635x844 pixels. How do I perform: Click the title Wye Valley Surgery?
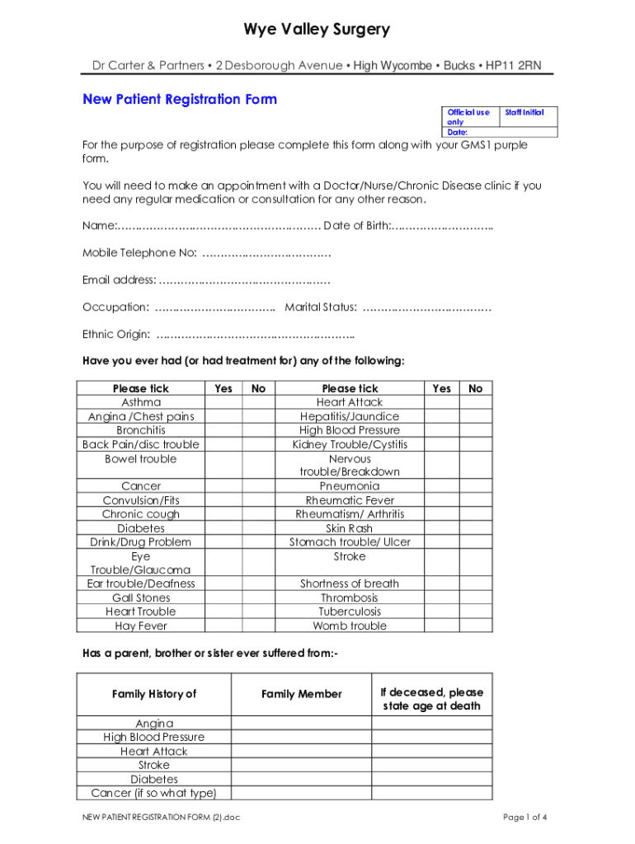pos(317,30)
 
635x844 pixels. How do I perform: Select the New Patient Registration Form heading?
pos(180,100)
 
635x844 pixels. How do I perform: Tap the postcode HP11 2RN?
pos(514,66)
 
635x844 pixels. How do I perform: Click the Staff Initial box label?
pos(524,112)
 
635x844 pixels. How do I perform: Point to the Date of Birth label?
pos(356,226)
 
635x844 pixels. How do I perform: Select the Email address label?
pos(119,280)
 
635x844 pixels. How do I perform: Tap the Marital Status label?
pos(321,307)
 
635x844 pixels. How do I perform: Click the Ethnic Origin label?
pos(116,335)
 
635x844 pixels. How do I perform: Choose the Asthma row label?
pos(141,402)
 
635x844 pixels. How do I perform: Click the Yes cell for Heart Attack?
pos(442,402)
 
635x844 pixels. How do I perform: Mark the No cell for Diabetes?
pos(258,528)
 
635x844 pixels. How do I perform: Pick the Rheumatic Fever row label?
pos(350,500)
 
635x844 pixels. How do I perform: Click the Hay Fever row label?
pos(141,626)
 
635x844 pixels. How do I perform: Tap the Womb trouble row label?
pos(350,626)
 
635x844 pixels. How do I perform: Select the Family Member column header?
pos(301,694)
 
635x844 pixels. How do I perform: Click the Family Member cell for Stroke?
pos(301,765)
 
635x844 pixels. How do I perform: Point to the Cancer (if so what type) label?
pos(153,793)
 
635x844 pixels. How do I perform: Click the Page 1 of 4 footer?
pos(525,818)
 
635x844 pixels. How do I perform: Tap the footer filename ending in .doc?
pos(156,818)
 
